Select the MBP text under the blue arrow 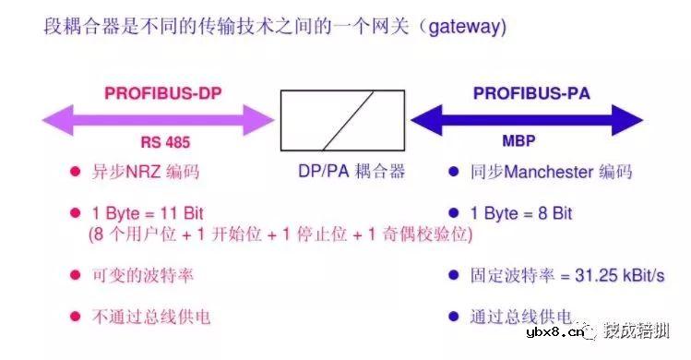tap(518, 143)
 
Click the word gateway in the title tap(468, 28)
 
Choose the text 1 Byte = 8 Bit tap(521, 213)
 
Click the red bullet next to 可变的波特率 tap(74, 275)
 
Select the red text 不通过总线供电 tap(150, 317)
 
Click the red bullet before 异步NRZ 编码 tap(74, 172)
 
